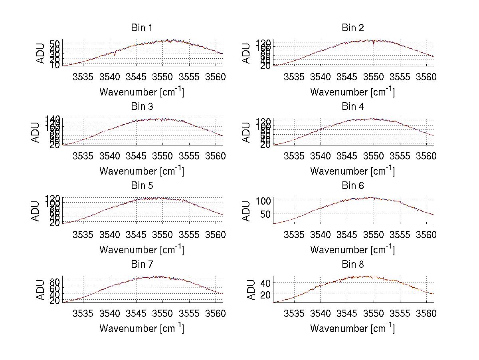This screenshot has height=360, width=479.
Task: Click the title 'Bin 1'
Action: [142, 28]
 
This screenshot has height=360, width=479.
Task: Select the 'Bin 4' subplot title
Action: [353, 107]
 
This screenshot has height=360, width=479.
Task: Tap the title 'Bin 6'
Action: [353, 186]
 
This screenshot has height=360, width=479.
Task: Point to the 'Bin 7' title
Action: [142, 265]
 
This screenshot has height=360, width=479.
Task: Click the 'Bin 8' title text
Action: [353, 265]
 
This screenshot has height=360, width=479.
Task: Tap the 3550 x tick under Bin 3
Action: [162, 156]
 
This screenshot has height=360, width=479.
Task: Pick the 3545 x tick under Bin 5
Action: [136, 235]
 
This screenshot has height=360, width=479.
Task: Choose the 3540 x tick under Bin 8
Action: [321, 314]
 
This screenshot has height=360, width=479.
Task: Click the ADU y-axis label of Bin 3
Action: [36, 132]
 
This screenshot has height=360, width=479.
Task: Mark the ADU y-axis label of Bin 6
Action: [247, 211]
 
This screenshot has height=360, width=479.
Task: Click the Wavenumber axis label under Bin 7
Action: [142, 328]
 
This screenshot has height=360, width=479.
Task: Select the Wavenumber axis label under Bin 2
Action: [352, 91]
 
